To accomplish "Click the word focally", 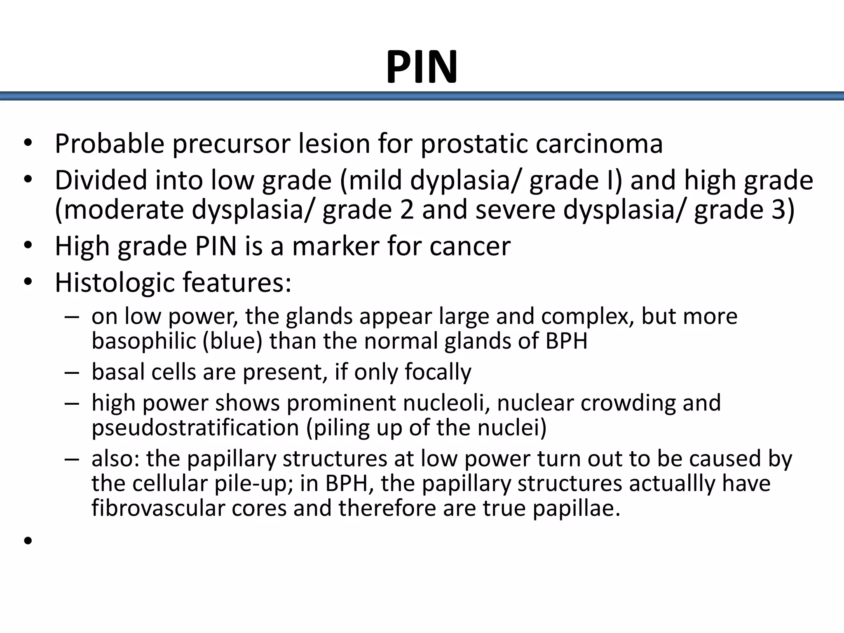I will coord(438,372).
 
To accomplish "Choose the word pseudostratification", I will coord(195,427).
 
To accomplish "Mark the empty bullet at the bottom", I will coord(28,541).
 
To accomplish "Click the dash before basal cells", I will coord(71,372).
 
